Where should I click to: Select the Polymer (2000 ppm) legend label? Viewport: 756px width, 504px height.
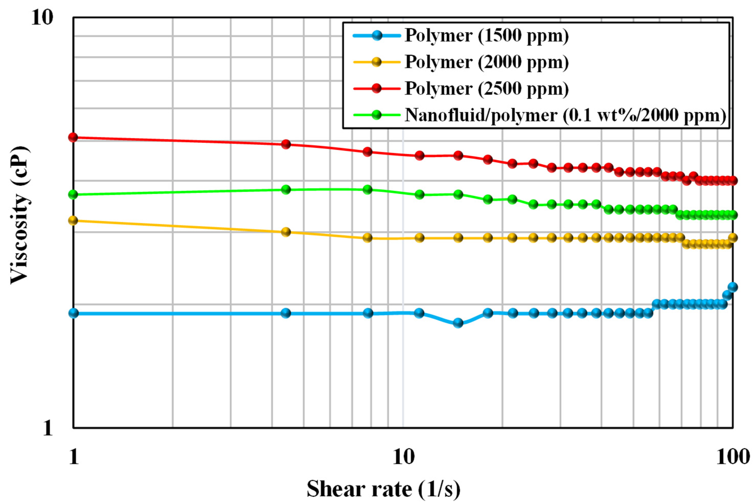pos(487,62)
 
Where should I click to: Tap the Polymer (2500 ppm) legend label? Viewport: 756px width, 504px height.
pos(487,88)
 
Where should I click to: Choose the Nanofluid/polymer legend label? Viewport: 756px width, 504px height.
pos(565,115)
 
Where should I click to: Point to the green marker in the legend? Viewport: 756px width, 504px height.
pos(377,115)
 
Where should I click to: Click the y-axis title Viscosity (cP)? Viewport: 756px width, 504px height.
pos(20,215)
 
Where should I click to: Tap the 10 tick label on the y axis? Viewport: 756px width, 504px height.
pos(42,18)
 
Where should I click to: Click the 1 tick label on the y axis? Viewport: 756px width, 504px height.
pos(48,428)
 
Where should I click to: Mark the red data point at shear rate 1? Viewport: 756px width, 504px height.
pos(73,138)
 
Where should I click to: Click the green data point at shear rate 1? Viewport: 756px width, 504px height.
pos(73,194)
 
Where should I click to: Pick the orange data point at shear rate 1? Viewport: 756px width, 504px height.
pos(73,220)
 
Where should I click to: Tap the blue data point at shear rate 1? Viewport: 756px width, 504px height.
pos(74,313)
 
